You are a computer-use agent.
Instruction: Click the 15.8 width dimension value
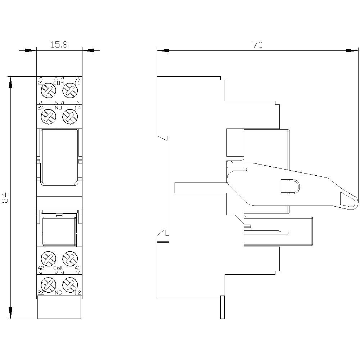59,45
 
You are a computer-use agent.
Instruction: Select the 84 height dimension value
5,198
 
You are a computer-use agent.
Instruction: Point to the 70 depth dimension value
257,45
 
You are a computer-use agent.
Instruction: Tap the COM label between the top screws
58,84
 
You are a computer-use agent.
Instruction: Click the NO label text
58,108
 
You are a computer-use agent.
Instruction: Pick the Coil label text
58,268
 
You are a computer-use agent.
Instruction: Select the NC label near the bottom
58,292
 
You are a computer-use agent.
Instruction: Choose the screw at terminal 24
48,116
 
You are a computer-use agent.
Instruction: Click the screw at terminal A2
48,258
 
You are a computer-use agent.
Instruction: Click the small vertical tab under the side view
222,307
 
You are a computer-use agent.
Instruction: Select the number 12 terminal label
77,292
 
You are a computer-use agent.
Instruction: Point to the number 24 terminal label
40,108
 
